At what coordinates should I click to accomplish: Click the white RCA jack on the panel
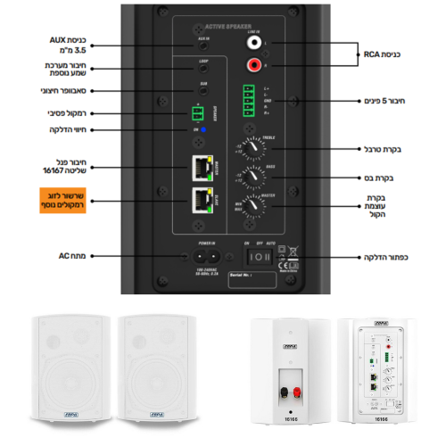tap(256, 41)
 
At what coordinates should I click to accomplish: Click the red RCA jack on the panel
tap(256, 63)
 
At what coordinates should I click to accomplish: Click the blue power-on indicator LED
tap(203, 130)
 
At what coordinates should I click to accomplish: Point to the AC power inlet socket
tap(203, 255)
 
